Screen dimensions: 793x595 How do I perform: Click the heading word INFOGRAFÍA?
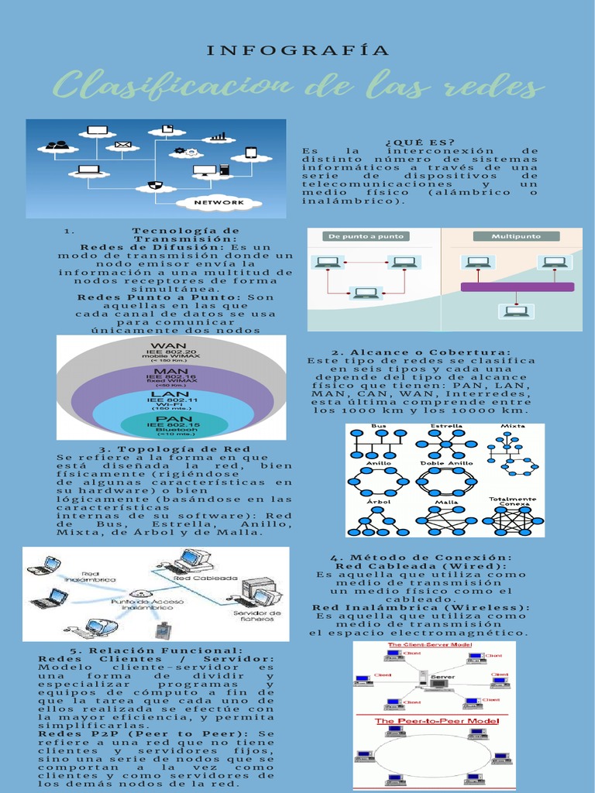[x=298, y=52]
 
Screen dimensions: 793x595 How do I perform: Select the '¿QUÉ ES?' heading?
[x=419, y=142]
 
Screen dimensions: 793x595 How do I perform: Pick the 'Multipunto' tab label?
[x=517, y=236]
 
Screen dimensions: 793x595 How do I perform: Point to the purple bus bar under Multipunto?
[x=517, y=287]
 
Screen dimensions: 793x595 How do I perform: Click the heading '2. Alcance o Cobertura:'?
[x=421, y=352]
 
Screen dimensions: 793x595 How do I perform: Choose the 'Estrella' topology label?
[x=446, y=427]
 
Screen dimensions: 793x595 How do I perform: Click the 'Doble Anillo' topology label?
[x=446, y=463]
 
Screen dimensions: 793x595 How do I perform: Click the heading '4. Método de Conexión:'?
[x=421, y=558]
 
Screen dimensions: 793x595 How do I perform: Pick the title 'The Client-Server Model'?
[x=429, y=645]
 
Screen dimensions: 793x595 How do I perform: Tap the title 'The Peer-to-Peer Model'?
[x=437, y=721]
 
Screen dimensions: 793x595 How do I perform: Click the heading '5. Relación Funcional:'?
[x=156, y=651]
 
